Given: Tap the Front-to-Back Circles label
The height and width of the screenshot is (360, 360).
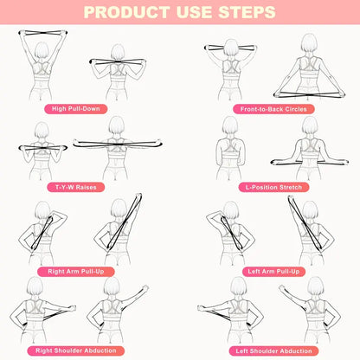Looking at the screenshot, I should click(x=269, y=109).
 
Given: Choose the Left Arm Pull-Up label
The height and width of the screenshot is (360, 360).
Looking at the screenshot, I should click(x=269, y=271).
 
